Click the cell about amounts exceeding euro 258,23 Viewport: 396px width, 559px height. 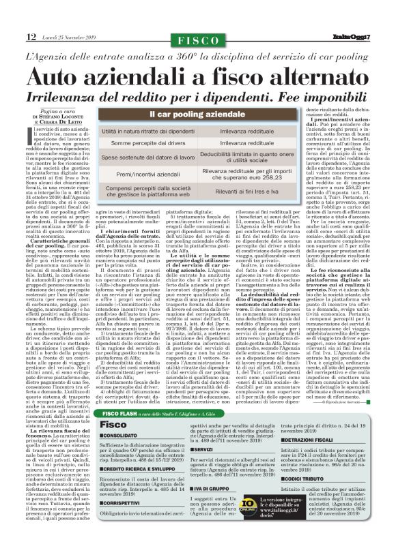[x=266, y=175]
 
